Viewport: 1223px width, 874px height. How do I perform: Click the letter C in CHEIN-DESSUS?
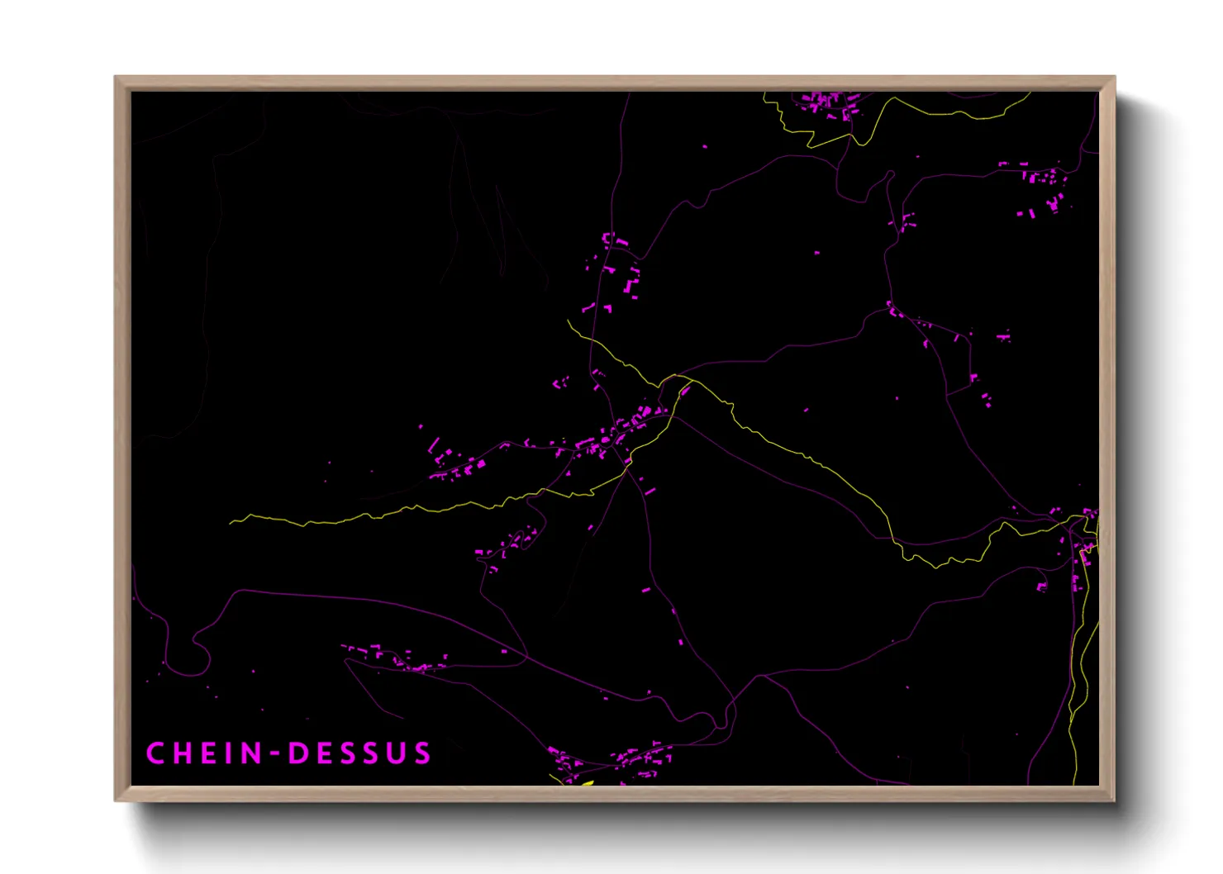coord(155,753)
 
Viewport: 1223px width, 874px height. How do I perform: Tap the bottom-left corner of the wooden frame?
coord(116,800)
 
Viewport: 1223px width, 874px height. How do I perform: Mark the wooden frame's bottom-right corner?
coord(1114,800)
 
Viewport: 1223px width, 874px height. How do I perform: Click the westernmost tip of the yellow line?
coord(231,523)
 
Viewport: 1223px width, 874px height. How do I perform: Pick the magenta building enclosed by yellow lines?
coord(685,391)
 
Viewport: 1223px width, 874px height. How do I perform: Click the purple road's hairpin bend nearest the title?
coord(198,653)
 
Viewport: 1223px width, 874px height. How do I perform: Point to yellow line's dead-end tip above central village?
coord(569,321)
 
